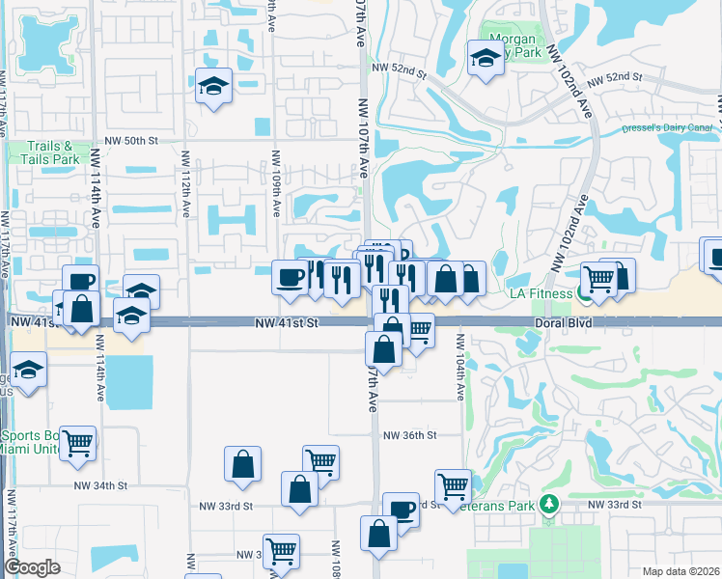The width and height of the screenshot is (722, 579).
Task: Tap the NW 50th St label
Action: pos(133,141)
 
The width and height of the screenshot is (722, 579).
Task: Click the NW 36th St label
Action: pos(410,435)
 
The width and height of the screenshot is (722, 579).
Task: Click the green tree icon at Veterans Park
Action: pos(549,504)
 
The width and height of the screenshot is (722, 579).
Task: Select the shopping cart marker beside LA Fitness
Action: pos(598,279)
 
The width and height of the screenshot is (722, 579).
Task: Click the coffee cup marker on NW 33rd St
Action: pos(401,509)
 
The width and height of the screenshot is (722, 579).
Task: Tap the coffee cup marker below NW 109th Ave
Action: pos(291,277)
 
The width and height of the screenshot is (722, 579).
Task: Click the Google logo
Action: pos(33,566)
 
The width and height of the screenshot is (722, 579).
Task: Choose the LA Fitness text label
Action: pos(543,292)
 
